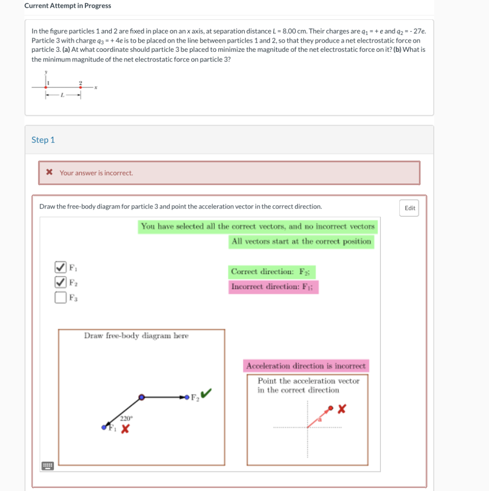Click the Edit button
pos(410,208)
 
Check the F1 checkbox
pos(60,267)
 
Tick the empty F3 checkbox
pos(60,297)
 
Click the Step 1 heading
pos(43,140)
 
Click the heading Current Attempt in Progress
pos(68,6)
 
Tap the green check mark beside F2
pos(207,394)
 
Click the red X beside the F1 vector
pos(124,430)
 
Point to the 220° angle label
pos(126,418)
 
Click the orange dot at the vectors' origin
pos(141,397)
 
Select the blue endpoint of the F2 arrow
pos(186,397)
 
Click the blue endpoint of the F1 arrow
pos(104,427)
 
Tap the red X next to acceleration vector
pos(342,409)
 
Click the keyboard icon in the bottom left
pos(47,466)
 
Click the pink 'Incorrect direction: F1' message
pos(273,287)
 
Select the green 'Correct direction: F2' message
pos(271,272)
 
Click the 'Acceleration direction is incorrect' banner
pos(306,366)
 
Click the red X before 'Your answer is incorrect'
pos(49,173)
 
